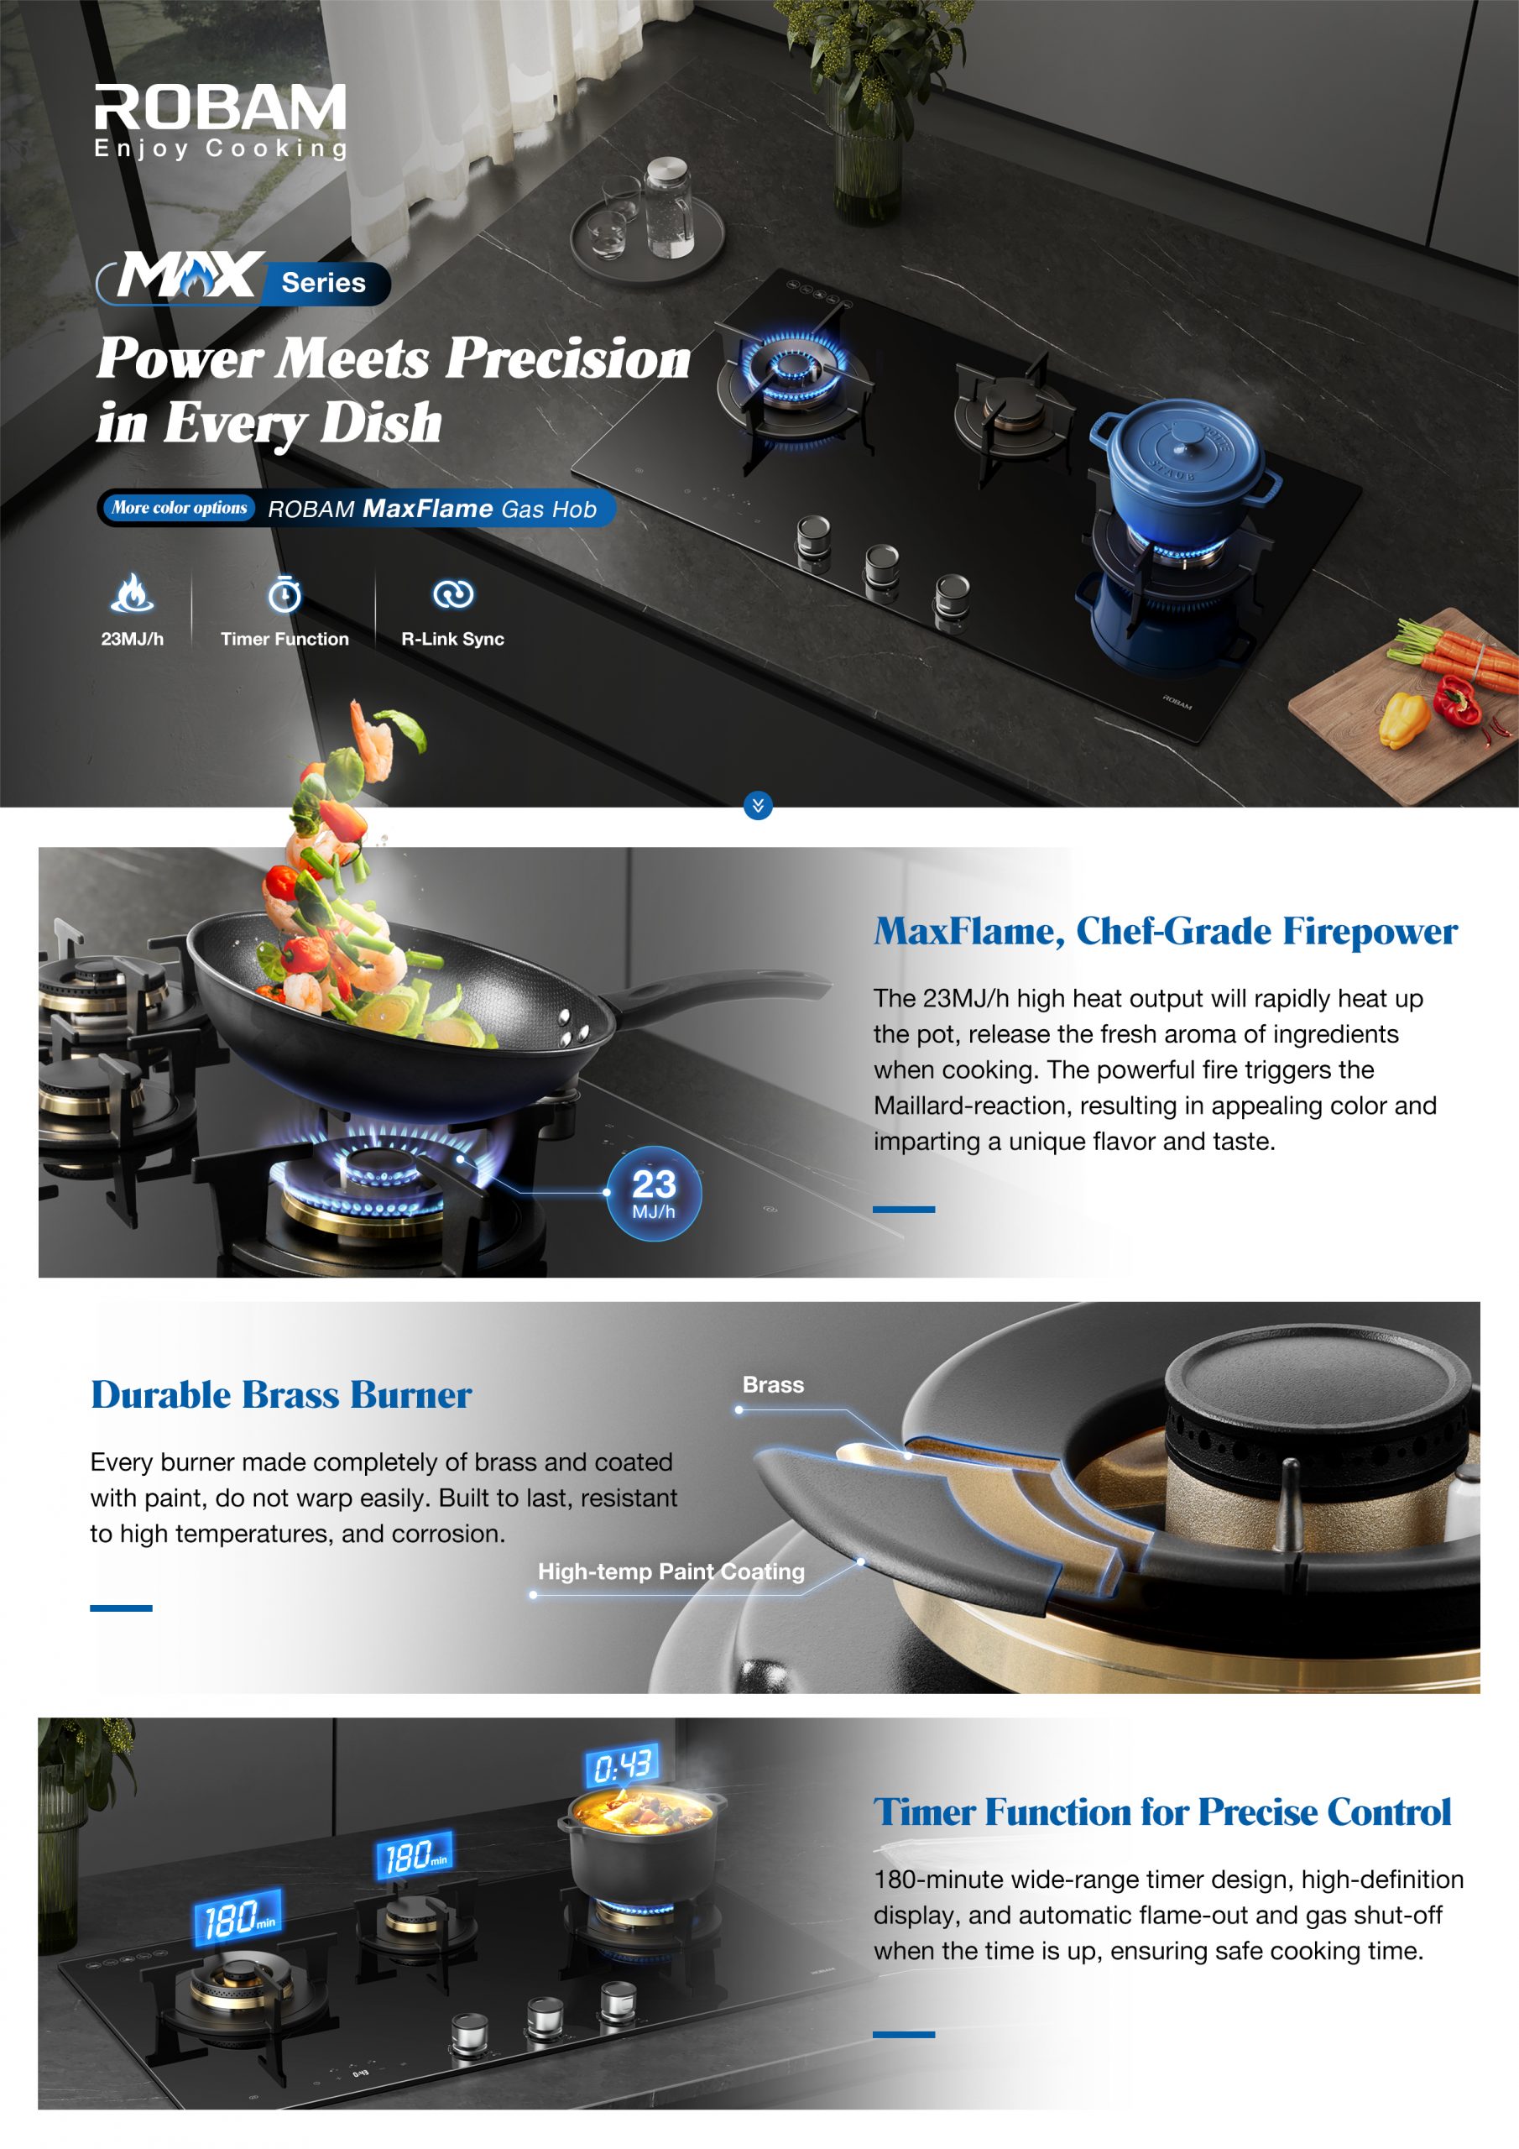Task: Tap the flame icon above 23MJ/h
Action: click(132, 593)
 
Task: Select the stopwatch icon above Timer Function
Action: click(284, 593)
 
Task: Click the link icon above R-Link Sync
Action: click(453, 593)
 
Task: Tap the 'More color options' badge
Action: click(179, 508)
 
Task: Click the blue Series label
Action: click(324, 283)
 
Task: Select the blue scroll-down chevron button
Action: click(758, 805)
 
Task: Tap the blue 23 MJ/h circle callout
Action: click(653, 1194)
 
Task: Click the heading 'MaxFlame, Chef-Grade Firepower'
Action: click(1165, 931)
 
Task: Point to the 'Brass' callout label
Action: click(773, 1384)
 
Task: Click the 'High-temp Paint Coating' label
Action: click(671, 1571)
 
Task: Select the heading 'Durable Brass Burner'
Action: click(281, 1394)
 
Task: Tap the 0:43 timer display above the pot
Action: click(623, 1766)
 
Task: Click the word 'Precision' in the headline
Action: click(568, 358)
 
